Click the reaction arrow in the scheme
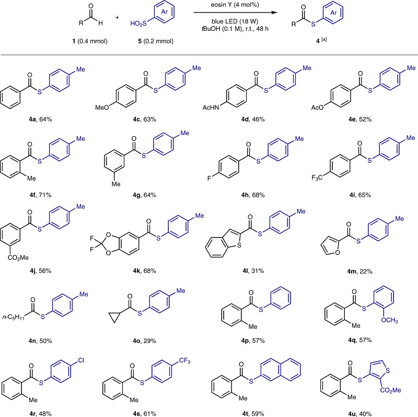(x=236, y=13)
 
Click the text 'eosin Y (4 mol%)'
(x=235, y=5)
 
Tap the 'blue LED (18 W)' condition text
(x=235, y=21)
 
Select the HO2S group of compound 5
(x=138, y=23)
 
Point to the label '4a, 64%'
(x=40, y=120)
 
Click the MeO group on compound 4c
(x=102, y=108)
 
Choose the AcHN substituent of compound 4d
(x=211, y=108)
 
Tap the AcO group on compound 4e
(x=317, y=108)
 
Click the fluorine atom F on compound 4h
(x=210, y=178)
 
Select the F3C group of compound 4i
(x=317, y=177)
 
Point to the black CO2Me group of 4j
(x=18, y=258)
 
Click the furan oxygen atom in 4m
(x=338, y=252)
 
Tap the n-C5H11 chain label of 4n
(x=14, y=317)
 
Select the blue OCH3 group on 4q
(x=389, y=320)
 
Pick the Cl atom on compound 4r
(x=81, y=360)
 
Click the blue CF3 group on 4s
(x=185, y=361)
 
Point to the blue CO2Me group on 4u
(x=390, y=390)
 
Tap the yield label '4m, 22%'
(x=359, y=271)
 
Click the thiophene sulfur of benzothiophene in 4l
(x=239, y=244)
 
